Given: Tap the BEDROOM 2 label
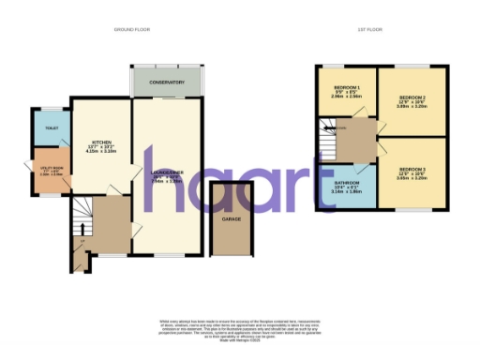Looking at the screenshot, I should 412,97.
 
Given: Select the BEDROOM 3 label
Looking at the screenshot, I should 412,169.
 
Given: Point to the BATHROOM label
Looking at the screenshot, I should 345,183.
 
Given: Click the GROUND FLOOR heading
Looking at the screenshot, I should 133,30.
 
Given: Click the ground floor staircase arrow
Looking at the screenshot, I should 82,217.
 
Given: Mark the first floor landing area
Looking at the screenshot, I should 360,141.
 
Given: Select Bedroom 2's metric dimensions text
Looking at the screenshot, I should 412,108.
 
